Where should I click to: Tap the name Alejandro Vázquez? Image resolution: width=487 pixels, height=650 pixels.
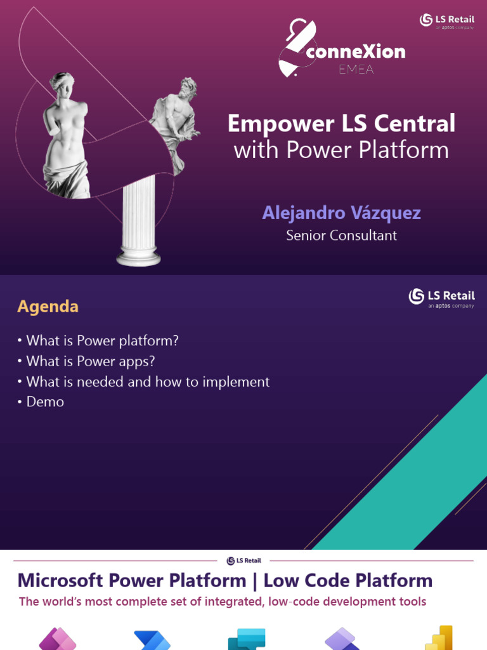tap(341, 213)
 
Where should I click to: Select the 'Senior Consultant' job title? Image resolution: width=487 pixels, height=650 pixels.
tap(341, 235)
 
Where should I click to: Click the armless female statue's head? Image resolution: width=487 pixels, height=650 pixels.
tap(63, 83)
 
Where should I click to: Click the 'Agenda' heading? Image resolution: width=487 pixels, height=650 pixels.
tap(48, 307)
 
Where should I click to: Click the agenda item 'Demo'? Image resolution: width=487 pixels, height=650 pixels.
tap(45, 402)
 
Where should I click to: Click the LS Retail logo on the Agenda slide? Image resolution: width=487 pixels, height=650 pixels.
tap(441, 297)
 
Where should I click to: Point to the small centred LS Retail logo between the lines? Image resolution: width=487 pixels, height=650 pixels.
tap(243, 560)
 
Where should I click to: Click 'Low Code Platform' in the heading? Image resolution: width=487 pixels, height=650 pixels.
tap(348, 580)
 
